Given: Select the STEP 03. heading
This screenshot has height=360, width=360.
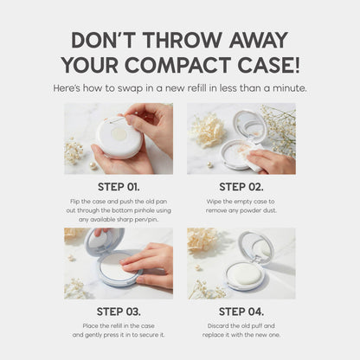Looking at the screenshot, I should [x=118, y=312].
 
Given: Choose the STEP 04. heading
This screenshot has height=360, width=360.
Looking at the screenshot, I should [x=241, y=312].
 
